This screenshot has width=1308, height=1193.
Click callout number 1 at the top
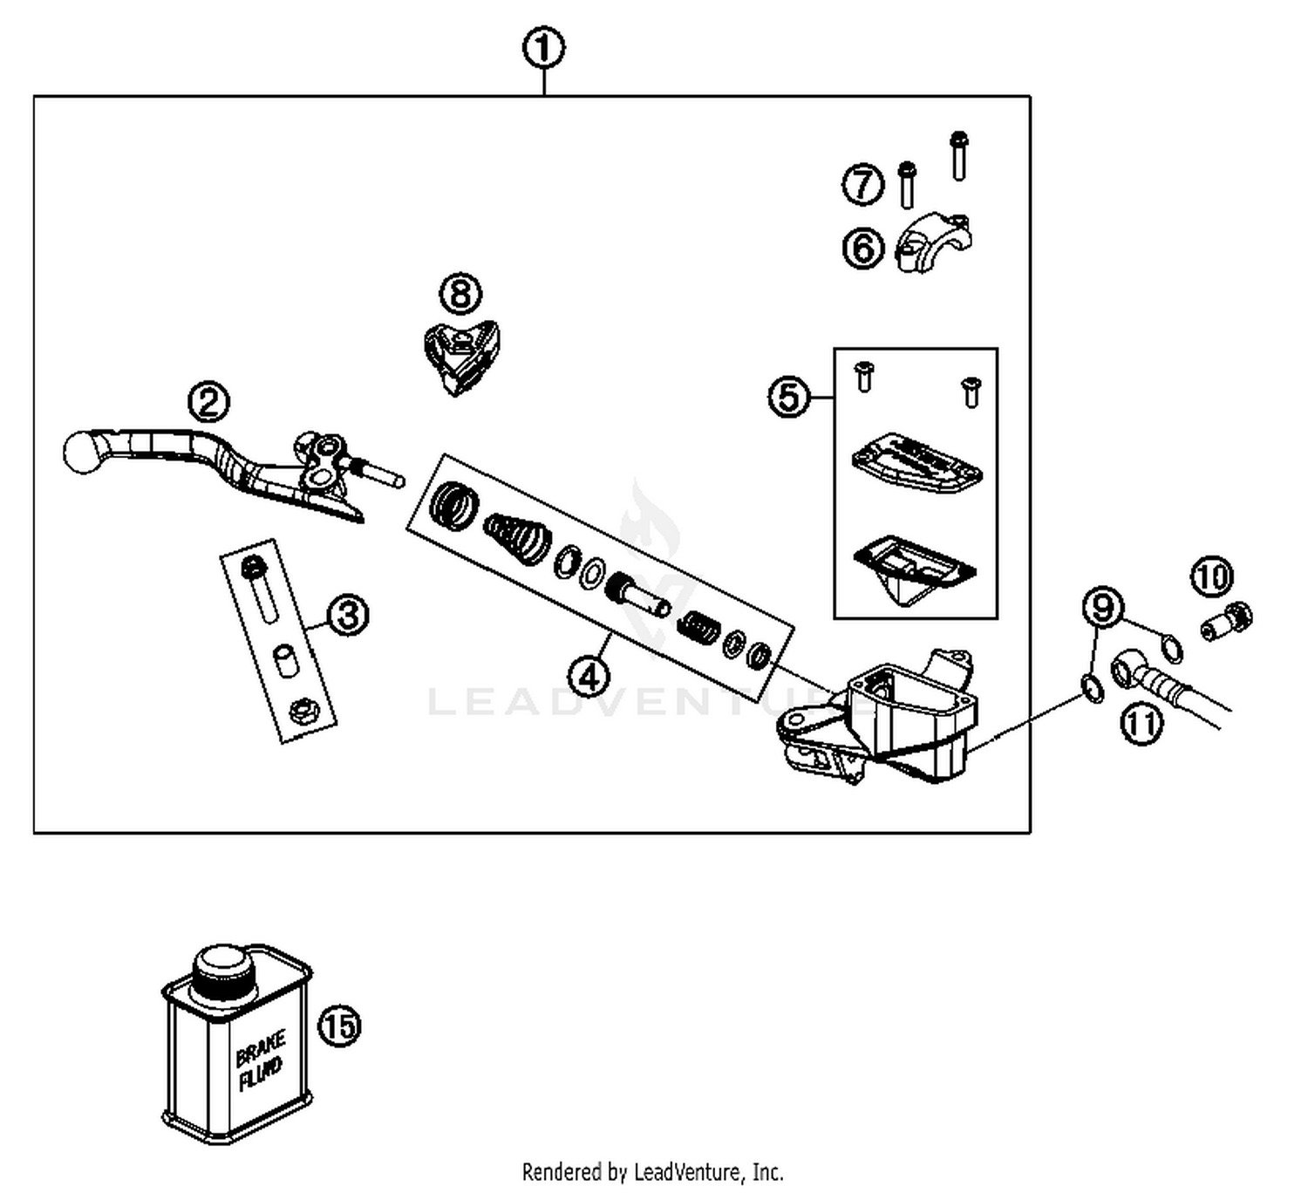coord(543,49)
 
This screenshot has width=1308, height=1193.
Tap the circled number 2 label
coord(209,402)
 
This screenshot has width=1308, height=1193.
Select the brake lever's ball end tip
coord(83,452)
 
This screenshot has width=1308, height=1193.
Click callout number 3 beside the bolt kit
coord(348,616)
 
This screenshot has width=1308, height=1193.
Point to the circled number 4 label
coord(589,676)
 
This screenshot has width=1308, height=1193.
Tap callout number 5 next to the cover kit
coord(788,397)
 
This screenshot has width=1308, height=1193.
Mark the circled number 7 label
coord(862,184)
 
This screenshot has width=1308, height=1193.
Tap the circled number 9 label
coord(1103,607)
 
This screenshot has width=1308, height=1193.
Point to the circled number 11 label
coord(1141,724)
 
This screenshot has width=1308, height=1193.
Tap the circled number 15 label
coord(339,1026)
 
